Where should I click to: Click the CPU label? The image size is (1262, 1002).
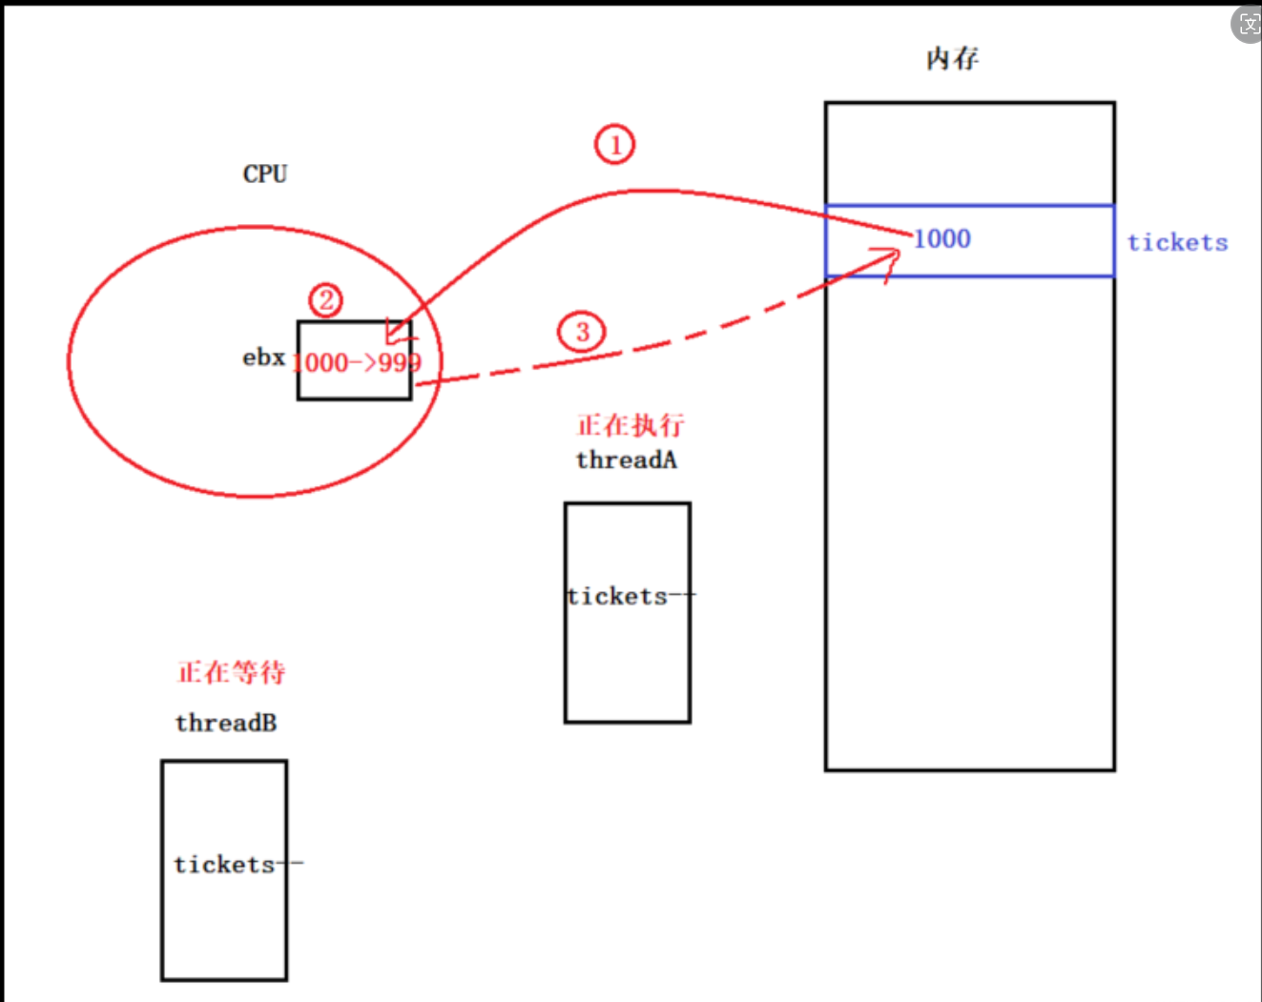click(x=264, y=174)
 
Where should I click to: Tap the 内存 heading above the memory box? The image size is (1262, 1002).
click(x=952, y=59)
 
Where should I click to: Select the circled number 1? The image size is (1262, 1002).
click(x=614, y=145)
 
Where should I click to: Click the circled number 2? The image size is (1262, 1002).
click(x=326, y=300)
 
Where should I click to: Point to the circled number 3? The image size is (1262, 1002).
click(x=582, y=332)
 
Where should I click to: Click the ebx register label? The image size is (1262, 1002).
click(x=263, y=358)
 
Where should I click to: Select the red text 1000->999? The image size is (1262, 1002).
click(x=356, y=363)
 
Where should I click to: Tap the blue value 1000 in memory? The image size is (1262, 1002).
click(x=941, y=239)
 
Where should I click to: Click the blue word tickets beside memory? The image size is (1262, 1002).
click(x=1177, y=242)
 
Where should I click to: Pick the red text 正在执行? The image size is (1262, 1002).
click(x=631, y=425)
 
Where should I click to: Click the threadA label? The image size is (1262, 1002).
click(x=627, y=460)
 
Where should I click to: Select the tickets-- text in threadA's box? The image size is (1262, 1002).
click(x=630, y=597)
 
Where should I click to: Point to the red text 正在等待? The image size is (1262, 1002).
click(x=232, y=672)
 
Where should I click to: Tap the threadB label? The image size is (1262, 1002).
click(x=226, y=723)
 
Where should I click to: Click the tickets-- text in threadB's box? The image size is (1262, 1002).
click(x=238, y=865)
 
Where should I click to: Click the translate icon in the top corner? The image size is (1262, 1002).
click(x=1248, y=23)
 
